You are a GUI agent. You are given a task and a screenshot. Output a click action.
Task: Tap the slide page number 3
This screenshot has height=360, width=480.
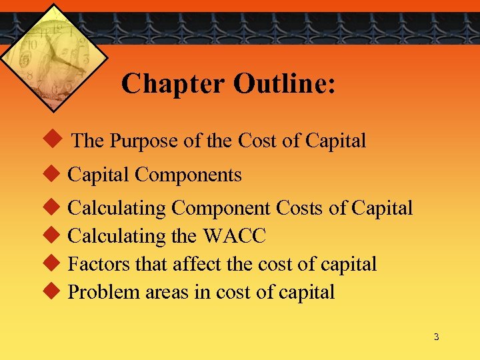[436, 337]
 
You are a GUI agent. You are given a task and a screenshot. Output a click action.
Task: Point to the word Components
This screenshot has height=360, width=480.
[188, 175]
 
